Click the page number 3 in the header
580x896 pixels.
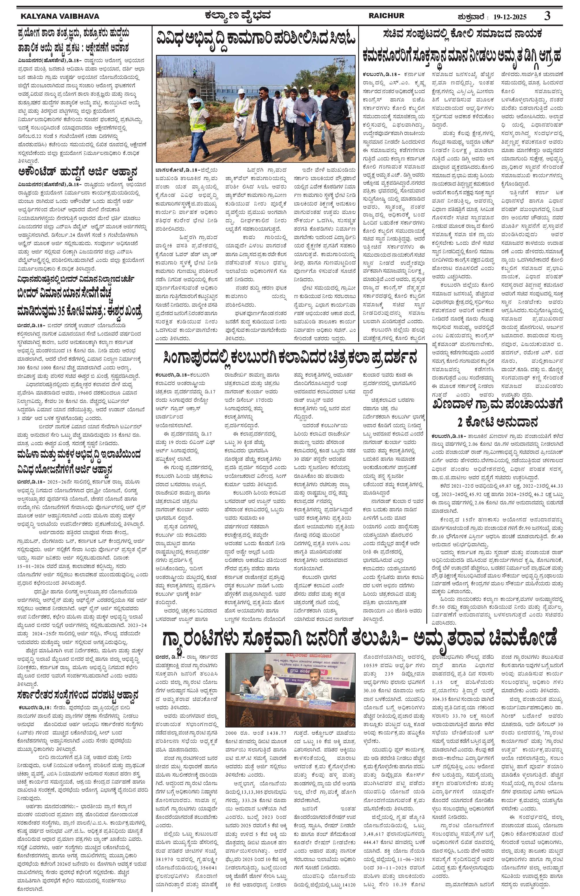point(547,16)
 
